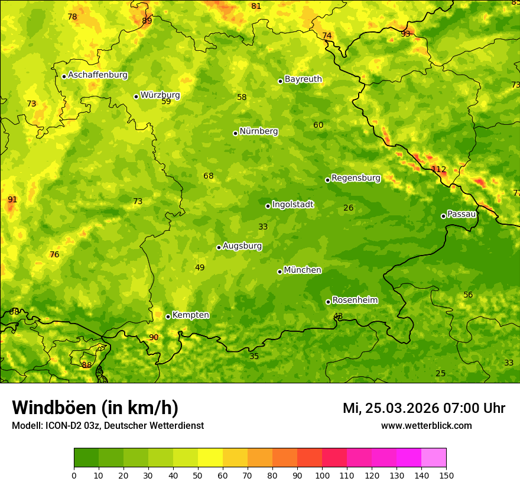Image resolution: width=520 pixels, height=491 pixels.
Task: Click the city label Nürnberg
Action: tap(258, 131)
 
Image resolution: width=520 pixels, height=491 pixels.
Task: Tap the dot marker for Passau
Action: tap(443, 216)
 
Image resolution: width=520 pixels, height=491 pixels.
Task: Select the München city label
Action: tap(303, 270)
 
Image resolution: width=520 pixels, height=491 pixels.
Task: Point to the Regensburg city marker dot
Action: tap(327, 180)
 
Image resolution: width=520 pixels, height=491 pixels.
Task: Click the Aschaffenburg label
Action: tap(97, 75)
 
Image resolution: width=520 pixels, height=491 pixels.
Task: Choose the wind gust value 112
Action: tap(438, 169)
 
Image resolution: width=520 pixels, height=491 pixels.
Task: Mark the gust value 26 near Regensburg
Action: tap(349, 208)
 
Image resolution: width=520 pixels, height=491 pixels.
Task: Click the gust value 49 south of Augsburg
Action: tap(200, 267)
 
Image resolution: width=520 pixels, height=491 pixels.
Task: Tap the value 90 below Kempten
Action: tap(154, 337)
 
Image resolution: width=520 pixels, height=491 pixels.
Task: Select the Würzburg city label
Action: tap(160, 95)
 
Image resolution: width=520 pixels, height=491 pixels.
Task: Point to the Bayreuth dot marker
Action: tap(281, 81)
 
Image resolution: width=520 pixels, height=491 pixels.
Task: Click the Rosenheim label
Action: tap(355, 300)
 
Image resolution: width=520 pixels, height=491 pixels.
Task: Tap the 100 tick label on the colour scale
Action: tap(322, 475)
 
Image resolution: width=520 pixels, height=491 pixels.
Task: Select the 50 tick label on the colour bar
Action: tap(198, 475)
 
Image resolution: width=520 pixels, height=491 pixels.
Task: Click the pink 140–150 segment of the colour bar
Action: tap(434, 458)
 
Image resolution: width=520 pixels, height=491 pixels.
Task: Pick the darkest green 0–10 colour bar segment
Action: tap(86, 458)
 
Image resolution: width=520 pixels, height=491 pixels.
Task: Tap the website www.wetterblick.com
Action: tap(426, 425)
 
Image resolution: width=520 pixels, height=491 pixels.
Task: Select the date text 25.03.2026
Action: tap(401, 408)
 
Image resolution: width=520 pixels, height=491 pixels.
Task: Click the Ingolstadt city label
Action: tap(292, 205)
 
